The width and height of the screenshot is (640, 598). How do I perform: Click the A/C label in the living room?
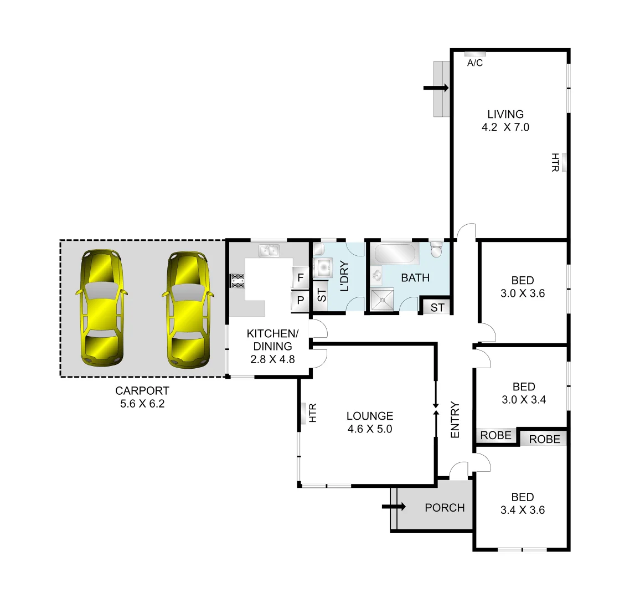point(475,63)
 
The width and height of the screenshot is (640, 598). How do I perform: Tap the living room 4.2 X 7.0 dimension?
point(505,127)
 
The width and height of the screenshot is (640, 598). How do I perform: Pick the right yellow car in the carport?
point(189,310)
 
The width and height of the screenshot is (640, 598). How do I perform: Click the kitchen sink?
point(270,251)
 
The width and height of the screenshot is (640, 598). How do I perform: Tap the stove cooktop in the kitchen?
point(237,281)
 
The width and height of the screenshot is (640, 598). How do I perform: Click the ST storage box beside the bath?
point(437,307)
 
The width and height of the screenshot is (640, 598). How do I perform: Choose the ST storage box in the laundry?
point(321,295)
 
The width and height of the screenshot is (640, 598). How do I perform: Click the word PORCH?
point(444,507)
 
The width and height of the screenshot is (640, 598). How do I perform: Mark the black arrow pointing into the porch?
point(394,506)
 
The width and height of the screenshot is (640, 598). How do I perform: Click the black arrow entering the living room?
point(436,87)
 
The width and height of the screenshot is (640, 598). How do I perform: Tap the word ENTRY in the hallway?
point(455,420)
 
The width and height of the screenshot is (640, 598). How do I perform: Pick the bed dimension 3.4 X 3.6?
point(522,510)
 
